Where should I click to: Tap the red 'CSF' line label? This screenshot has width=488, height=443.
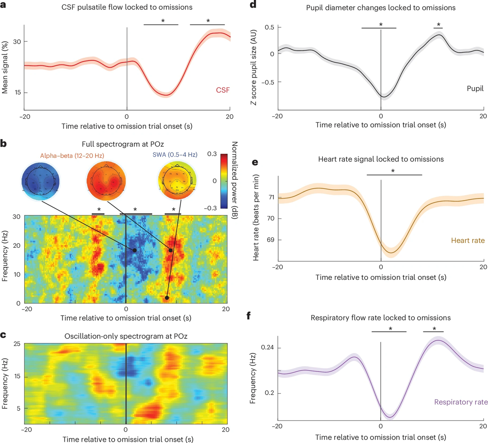[x=222, y=90]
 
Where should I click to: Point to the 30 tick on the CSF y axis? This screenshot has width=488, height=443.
[x=16, y=41]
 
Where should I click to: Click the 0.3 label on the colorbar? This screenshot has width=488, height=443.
[x=212, y=154]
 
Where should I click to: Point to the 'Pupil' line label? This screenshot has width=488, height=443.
[x=475, y=88]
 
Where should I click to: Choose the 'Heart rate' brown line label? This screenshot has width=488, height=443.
[x=468, y=240]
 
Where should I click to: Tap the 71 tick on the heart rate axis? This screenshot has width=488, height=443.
[x=271, y=197]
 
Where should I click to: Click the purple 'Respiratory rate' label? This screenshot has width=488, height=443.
[x=460, y=402]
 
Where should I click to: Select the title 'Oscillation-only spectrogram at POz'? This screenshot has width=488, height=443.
[x=126, y=336]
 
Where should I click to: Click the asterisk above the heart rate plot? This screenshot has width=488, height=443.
[x=393, y=170]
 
